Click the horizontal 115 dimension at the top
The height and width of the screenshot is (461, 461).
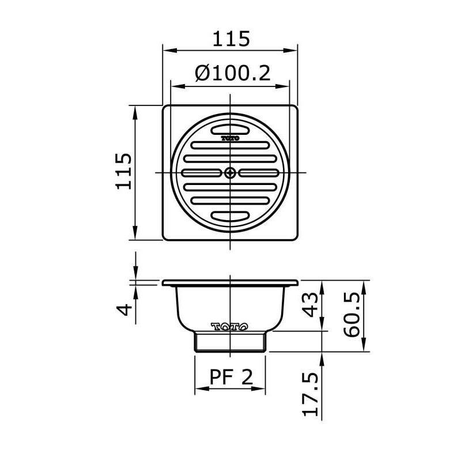(231, 39)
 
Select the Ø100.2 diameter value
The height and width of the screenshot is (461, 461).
(232, 74)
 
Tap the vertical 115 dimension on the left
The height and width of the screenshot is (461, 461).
(123, 171)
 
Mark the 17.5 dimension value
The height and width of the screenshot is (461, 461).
(311, 394)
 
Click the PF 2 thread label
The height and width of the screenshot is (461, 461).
(231, 377)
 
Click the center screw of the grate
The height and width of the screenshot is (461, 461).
(231, 172)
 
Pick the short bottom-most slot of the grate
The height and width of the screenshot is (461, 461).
(231, 216)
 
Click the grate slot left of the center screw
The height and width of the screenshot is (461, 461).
(202, 172)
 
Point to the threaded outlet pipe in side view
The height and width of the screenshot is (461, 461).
(231, 342)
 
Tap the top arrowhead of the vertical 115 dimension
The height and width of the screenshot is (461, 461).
(136, 108)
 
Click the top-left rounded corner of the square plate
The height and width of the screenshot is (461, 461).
(165, 108)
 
